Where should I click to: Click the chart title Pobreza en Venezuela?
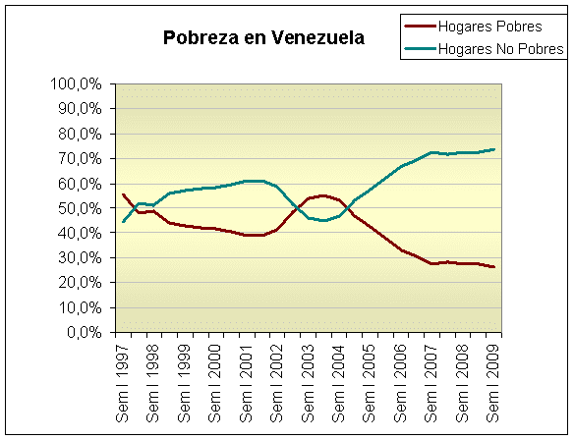point(263,39)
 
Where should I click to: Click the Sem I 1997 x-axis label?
point(123,382)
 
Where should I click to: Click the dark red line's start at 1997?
point(123,194)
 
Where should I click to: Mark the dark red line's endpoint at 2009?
point(492,267)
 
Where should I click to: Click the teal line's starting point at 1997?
point(123,222)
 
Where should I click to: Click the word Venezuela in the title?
point(318,39)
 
